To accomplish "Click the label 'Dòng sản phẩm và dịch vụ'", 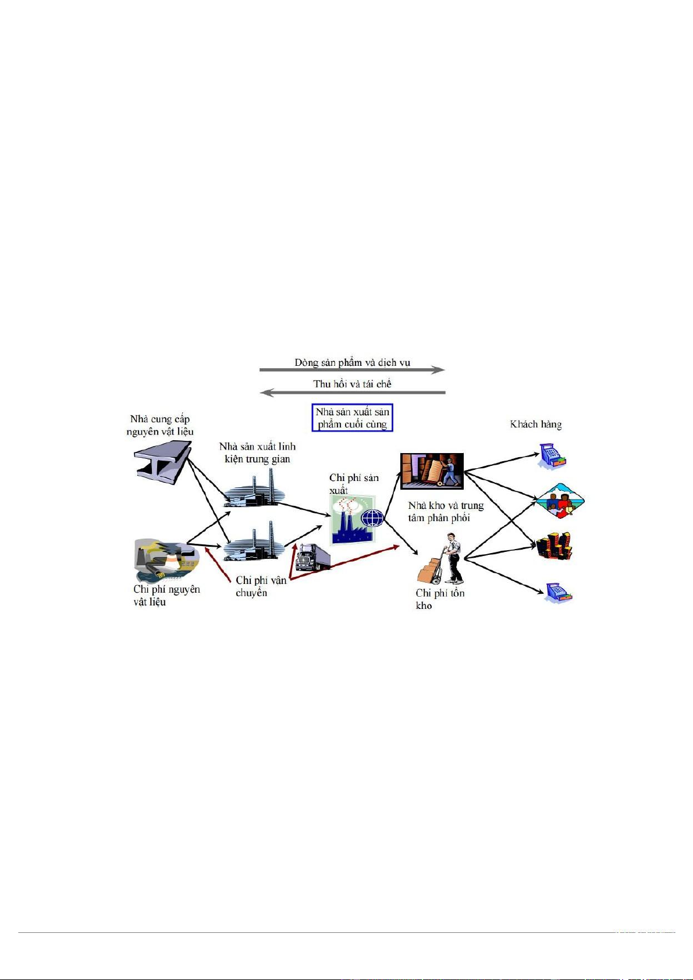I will coord(352,362).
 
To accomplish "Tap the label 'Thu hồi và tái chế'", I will coord(352,384).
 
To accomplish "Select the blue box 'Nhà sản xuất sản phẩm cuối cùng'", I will coord(353,418).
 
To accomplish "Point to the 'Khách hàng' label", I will coord(536,424).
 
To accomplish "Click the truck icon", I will coord(312,557).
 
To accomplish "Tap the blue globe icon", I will coord(372,517).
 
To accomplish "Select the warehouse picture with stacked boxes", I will coord(432,471).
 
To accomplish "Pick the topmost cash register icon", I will coord(552,455).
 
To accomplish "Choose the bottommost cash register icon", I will coord(559,593).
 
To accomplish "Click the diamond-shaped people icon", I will coord(559,501).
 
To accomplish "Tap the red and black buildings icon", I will coord(554,546).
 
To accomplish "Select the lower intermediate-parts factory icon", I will coord(255,544).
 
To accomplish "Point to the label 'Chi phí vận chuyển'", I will coord(261,586).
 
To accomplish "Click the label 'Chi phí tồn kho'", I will coord(440,599).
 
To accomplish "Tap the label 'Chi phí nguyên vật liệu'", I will coord(166,595).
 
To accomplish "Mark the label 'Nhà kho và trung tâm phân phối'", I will coord(446,512).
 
